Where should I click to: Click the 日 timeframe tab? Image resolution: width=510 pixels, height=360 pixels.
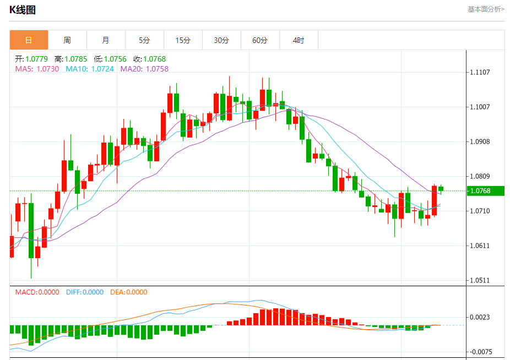29,40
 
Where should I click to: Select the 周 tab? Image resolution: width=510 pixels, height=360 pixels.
67,40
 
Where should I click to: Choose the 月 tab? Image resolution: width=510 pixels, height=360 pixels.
106,40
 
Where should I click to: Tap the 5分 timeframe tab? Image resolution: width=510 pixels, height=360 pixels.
144,40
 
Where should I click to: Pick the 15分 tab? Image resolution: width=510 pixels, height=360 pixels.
183,40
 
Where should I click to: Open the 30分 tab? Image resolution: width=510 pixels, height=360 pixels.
221,40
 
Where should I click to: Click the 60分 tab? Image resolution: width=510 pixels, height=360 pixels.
260,40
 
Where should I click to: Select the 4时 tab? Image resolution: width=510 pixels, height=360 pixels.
299,40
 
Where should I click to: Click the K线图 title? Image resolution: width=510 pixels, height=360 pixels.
23,10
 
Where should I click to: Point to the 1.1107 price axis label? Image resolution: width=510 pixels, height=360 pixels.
480,72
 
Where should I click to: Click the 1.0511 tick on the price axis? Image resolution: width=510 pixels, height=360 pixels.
480,280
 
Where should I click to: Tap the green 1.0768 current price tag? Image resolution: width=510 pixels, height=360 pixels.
485,191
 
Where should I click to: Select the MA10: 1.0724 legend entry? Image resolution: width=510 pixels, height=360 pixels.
90,69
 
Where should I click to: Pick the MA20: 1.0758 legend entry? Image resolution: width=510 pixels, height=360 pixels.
144,69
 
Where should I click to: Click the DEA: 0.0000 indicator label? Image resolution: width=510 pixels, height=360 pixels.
129,292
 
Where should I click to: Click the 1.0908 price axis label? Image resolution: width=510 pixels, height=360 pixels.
480,141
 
